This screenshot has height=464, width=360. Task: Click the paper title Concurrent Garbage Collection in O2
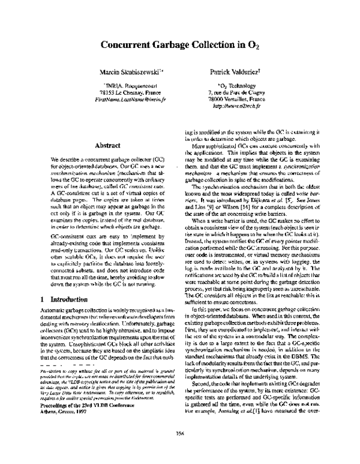click(x=179, y=44)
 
